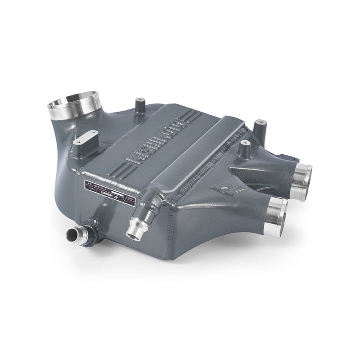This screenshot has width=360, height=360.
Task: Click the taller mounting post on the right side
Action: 260,129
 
